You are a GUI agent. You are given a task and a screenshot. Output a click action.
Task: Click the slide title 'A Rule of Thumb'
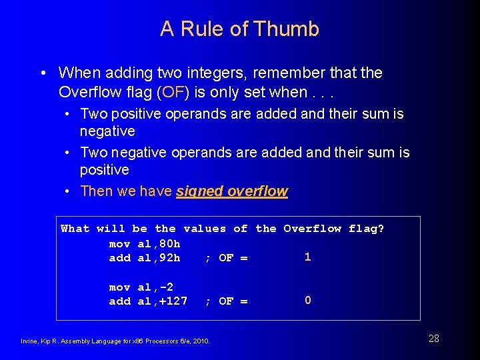tap(239, 29)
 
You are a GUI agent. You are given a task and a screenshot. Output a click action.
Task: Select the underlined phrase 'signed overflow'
tap(232, 191)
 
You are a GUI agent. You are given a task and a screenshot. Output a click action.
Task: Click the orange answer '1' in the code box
tap(307, 257)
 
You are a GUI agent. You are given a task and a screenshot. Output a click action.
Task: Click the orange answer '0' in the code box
tap(307, 300)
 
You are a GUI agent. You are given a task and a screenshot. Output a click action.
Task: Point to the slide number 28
tap(433, 339)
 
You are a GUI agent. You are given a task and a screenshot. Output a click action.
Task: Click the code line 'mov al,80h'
tap(145, 243)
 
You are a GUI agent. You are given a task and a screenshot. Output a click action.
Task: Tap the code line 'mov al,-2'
tap(141, 287)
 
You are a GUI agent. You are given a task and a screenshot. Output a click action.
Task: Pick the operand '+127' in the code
tap(173, 301)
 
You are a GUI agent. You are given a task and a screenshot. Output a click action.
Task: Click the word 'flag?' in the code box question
tap(366, 229)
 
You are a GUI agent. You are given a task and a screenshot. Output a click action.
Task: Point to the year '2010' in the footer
tap(201, 341)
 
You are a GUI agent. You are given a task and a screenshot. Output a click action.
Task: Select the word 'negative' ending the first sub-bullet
tap(107, 131)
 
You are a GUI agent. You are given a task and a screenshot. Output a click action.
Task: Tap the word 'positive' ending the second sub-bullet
tap(105, 170)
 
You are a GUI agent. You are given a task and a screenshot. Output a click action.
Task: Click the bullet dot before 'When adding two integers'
tap(43, 73)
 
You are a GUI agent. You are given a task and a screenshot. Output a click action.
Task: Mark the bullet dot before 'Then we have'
tap(68, 192)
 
